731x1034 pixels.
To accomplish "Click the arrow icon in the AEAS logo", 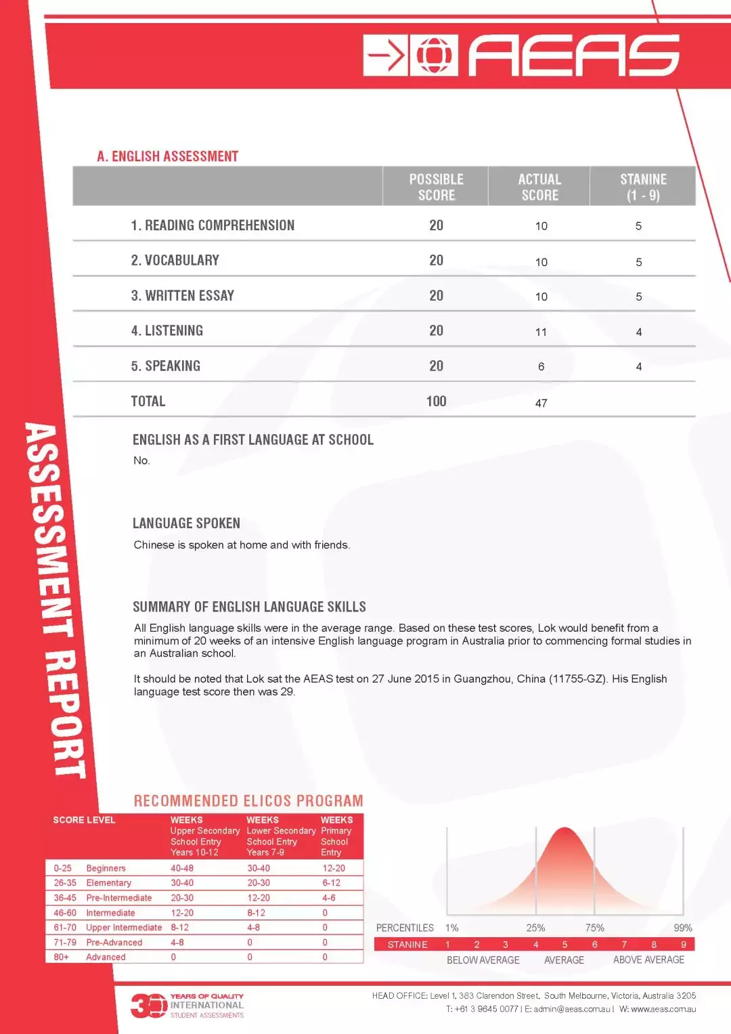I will [386, 56].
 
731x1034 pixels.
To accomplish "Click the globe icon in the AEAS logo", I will [434, 56].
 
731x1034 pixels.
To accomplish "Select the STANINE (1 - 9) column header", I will [643, 187].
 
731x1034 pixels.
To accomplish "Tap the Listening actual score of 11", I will [541, 332].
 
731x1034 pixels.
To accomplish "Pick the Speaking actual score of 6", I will [541, 366].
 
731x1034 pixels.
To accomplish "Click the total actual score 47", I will [541, 403].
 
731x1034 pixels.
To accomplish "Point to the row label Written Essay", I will [182, 296].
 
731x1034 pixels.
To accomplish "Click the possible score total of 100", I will [436, 402].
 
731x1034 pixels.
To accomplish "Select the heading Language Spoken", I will [186, 523].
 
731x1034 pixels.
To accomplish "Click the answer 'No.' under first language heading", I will [141, 460].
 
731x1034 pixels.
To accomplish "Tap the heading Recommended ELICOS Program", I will [248, 801].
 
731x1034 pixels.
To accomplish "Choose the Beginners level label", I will [106, 868].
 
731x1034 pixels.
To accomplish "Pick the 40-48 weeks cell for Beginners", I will [181, 868].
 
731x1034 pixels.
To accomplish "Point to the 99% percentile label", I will [682, 928].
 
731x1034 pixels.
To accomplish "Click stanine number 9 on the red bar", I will [683, 945].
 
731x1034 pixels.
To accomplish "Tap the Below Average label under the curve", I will [483, 960].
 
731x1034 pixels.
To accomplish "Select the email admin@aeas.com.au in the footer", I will [572, 1009].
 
